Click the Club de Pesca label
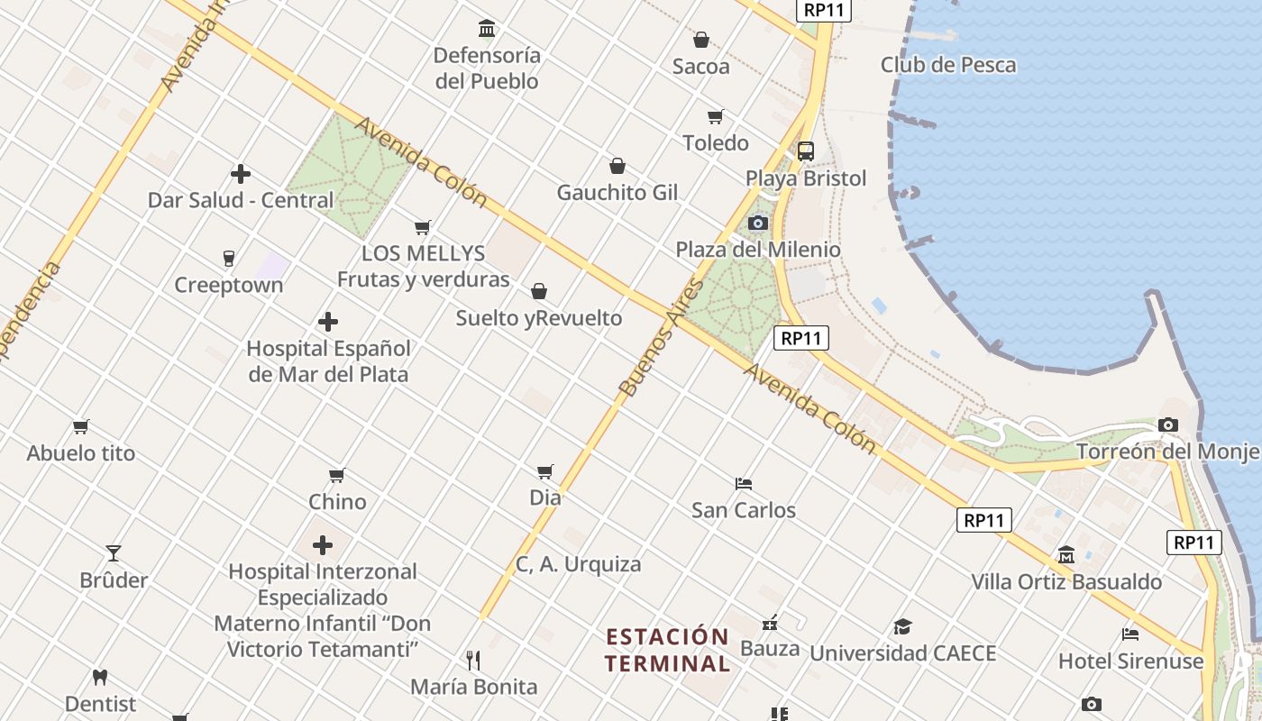point(947,65)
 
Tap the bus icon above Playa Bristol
point(806,151)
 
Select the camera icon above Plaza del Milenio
point(758,223)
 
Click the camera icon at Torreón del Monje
point(1168,424)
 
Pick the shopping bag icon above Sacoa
point(700,40)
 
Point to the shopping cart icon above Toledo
point(716,116)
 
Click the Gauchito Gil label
point(617,192)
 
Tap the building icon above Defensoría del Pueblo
point(487,29)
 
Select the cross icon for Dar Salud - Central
point(241,174)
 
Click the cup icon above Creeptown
point(228,259)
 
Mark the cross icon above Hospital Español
point(328,322)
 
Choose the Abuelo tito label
point(81,452)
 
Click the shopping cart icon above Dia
point(544,471)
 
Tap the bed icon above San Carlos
point(744,484)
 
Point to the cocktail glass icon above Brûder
point(114,552)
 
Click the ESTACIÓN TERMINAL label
point(667,651)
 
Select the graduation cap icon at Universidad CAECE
point(902,626)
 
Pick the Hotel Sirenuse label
point(1130,661)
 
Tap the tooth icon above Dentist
point(100,677)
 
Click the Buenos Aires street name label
point(660,338)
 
